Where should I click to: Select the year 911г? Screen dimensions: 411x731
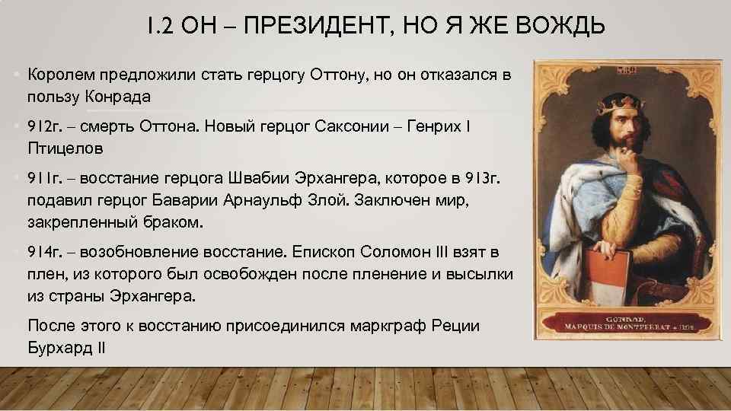click(43, 179)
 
